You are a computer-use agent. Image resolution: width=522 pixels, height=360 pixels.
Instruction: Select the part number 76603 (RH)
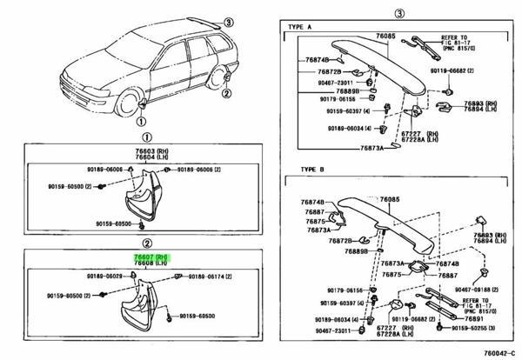tap(154, 150)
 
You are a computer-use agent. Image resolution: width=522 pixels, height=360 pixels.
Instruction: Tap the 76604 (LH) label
tap(154, 157)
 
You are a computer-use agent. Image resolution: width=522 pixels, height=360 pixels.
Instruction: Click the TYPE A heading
tap(299, 28)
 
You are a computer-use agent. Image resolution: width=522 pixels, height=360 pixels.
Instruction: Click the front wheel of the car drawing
tap(137, 105)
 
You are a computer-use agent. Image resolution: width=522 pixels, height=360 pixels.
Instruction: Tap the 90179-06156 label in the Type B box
tap(321, 290)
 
